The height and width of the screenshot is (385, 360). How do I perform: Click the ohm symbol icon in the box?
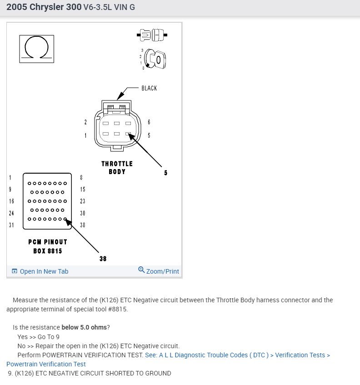[x=36, y=49]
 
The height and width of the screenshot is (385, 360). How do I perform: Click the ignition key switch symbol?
[x=155, y=59]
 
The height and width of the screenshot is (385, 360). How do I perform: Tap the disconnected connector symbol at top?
[x=152, y=35]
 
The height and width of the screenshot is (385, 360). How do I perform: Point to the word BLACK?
[x=149, y=88]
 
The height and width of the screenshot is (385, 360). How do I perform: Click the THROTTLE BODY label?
[x=117, y=167]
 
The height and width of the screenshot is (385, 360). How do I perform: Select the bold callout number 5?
[x=166, y=173]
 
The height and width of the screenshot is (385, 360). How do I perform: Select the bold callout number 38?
[x=103, y=259]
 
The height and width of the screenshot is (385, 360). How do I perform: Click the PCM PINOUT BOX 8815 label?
[x=48, y=246]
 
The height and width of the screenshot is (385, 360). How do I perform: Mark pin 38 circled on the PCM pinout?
[x=65, y=219]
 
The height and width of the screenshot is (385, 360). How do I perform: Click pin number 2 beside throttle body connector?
[x=85, y=122]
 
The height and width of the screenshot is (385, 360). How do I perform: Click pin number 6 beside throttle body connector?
[x=149, y=122]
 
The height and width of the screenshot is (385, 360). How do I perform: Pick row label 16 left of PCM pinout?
[x=11, y=201]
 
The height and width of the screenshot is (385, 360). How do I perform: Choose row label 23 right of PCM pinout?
[x=82, y=201]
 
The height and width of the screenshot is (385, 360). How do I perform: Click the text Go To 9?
[x=49, y=337]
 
